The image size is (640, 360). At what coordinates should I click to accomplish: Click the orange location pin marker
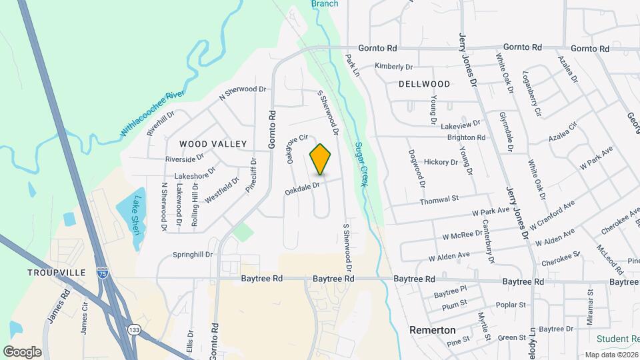click(x=321, y=159)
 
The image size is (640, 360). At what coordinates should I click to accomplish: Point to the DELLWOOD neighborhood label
click(x=424, y=84)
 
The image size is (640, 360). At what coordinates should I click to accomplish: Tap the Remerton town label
click(x=432, y=330)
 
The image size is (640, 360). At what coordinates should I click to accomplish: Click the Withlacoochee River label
click(x=152, y=115)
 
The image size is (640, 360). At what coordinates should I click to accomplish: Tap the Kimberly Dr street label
click(x=394, y=66)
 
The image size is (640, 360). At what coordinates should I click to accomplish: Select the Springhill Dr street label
click(x=192, y=255)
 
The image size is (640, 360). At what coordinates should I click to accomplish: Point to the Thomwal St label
click(x=439, y=199)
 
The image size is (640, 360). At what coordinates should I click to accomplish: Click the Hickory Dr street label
click(x=441, y=162)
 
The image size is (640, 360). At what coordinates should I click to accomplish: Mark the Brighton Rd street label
click(x=466, y=137)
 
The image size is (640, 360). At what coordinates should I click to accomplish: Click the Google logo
click(x=22, y=351)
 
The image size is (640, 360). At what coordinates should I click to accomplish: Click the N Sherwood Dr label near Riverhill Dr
click(x=243, y=93)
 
